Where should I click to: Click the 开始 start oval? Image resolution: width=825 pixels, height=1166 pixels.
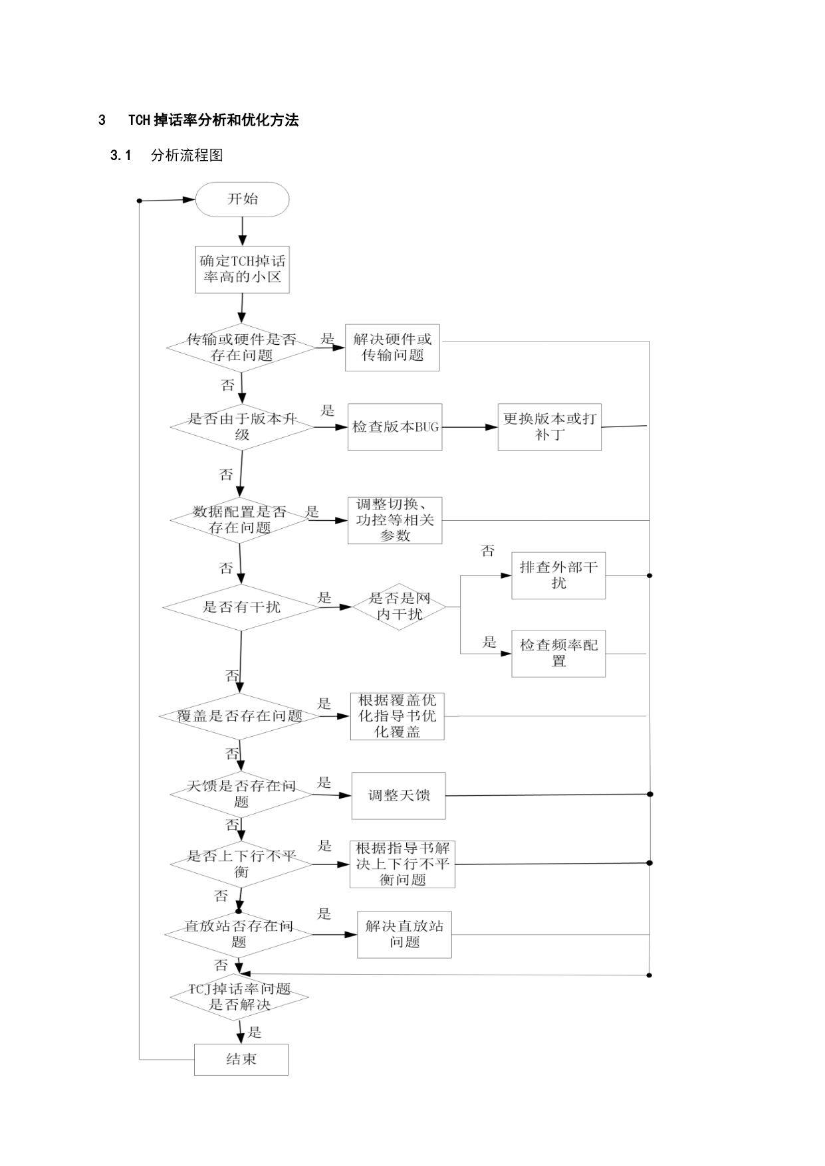pos(242,199)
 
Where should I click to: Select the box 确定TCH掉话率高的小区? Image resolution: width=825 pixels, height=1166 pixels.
pos(242,269)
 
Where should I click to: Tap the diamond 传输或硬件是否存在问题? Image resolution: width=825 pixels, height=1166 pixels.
pos(241,347)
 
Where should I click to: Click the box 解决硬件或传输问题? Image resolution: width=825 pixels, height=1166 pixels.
pos(392,347)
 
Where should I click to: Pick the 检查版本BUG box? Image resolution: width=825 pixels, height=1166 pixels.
pos(395,427)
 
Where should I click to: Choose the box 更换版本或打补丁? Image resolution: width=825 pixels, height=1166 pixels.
pos(550,427)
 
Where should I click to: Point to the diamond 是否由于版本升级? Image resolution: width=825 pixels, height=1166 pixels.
pos(242,427)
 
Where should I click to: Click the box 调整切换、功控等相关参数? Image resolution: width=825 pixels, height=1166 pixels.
pos(395,520)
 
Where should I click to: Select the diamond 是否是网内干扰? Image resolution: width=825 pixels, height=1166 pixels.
pos(399,607)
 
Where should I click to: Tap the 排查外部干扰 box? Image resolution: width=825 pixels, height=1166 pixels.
pos(558,575)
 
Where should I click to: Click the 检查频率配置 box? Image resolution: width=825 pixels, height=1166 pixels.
pos(558,653)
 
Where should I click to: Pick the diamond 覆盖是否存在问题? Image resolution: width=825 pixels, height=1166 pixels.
pos(239,716)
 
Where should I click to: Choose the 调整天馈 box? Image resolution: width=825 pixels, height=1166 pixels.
pos(398,795)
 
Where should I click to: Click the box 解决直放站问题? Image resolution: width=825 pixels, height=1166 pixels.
pos(404,934)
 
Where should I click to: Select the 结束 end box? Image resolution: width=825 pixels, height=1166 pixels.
pos(241,1059)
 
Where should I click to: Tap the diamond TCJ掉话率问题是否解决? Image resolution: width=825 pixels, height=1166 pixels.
pos(239,997)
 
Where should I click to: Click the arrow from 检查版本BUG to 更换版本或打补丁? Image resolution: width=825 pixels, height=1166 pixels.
pos(470,427)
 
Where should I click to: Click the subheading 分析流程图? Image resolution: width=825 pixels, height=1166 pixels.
pos(187,155)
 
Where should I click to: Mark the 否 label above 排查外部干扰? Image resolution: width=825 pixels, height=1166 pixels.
pos(488,551)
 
